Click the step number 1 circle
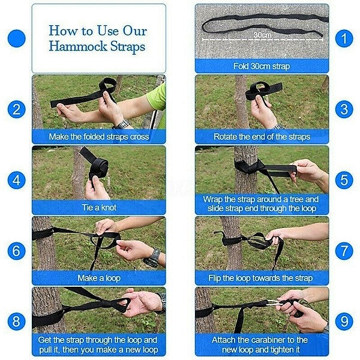pos(344,39)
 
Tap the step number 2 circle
pos(17,109)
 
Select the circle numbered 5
pos(344,180)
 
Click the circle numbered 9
pos(344,321)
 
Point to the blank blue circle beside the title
pos(17,40)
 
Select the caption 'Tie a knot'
pos(98,208)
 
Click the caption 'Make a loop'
pos(98,278)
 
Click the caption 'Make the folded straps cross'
pos(98,137)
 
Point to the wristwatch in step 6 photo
pos(152,257)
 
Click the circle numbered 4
pos(17,180)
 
